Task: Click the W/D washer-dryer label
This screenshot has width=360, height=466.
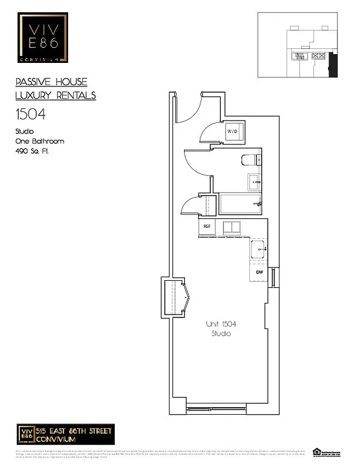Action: (232, 132)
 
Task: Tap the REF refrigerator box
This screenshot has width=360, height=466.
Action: (206, 226)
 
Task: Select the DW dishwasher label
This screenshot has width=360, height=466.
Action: (259, 272)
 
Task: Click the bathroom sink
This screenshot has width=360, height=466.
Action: (255, 182)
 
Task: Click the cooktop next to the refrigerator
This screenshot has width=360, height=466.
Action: (231, 228)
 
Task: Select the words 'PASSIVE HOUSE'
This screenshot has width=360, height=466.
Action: (51, 82)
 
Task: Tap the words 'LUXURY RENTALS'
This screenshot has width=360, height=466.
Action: (55, 95)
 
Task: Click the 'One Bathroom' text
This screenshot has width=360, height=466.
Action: (39, 141)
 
